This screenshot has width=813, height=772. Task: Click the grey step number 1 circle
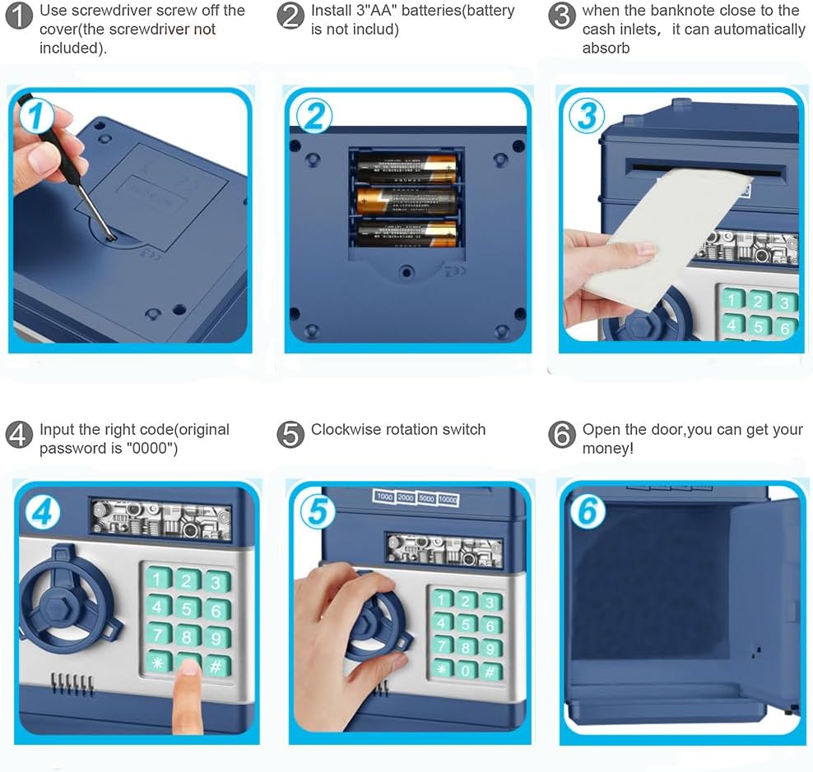(19, 16)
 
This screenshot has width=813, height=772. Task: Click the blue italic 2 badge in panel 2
(314, 116)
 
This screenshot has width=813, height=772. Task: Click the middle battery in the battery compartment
(406, 201)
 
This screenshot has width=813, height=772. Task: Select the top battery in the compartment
(406, 168)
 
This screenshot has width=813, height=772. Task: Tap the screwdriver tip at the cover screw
(111, 238)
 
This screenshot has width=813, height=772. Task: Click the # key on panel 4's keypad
(216, 666)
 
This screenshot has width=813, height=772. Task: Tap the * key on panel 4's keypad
(158, 662)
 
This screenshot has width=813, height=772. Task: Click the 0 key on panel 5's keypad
(466, 671)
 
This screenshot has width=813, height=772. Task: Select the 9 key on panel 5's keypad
(489, 648)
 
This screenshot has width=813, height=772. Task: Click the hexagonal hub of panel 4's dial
(60, 608)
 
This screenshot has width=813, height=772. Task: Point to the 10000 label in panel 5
(448, 500)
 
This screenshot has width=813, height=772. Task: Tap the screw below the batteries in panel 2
(406, 271)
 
